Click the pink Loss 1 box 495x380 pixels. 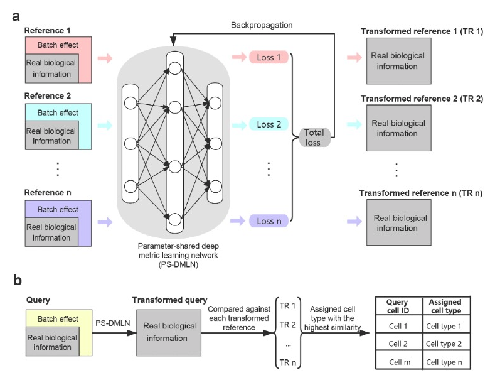(x=269, y=57)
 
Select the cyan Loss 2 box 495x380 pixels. (x=269, y=124)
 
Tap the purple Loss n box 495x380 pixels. (x=269, y=220)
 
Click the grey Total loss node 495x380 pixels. (x=313, y=138)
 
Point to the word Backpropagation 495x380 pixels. (x=261, y=25)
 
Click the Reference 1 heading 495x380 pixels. (x=48, y=30)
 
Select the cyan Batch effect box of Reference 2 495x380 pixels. (x=58, y=112)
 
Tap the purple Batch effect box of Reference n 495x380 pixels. (x=58, y=209)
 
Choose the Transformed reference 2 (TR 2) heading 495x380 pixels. (x=421, y=99)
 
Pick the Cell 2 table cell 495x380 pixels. (x=398, y=344)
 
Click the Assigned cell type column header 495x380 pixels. (x=445, y=306)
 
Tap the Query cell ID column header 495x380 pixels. (x=398, y=306)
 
